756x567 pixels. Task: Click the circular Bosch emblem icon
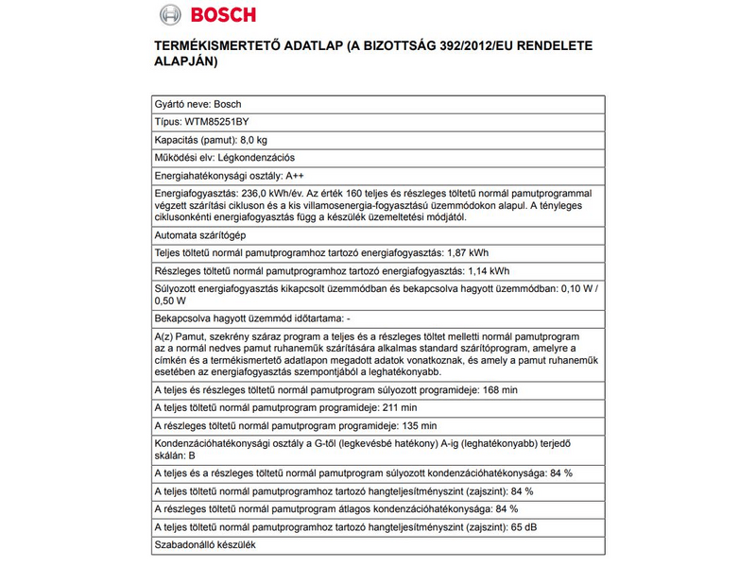point(168,16)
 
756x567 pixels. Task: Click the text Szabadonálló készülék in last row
point(203,545)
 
